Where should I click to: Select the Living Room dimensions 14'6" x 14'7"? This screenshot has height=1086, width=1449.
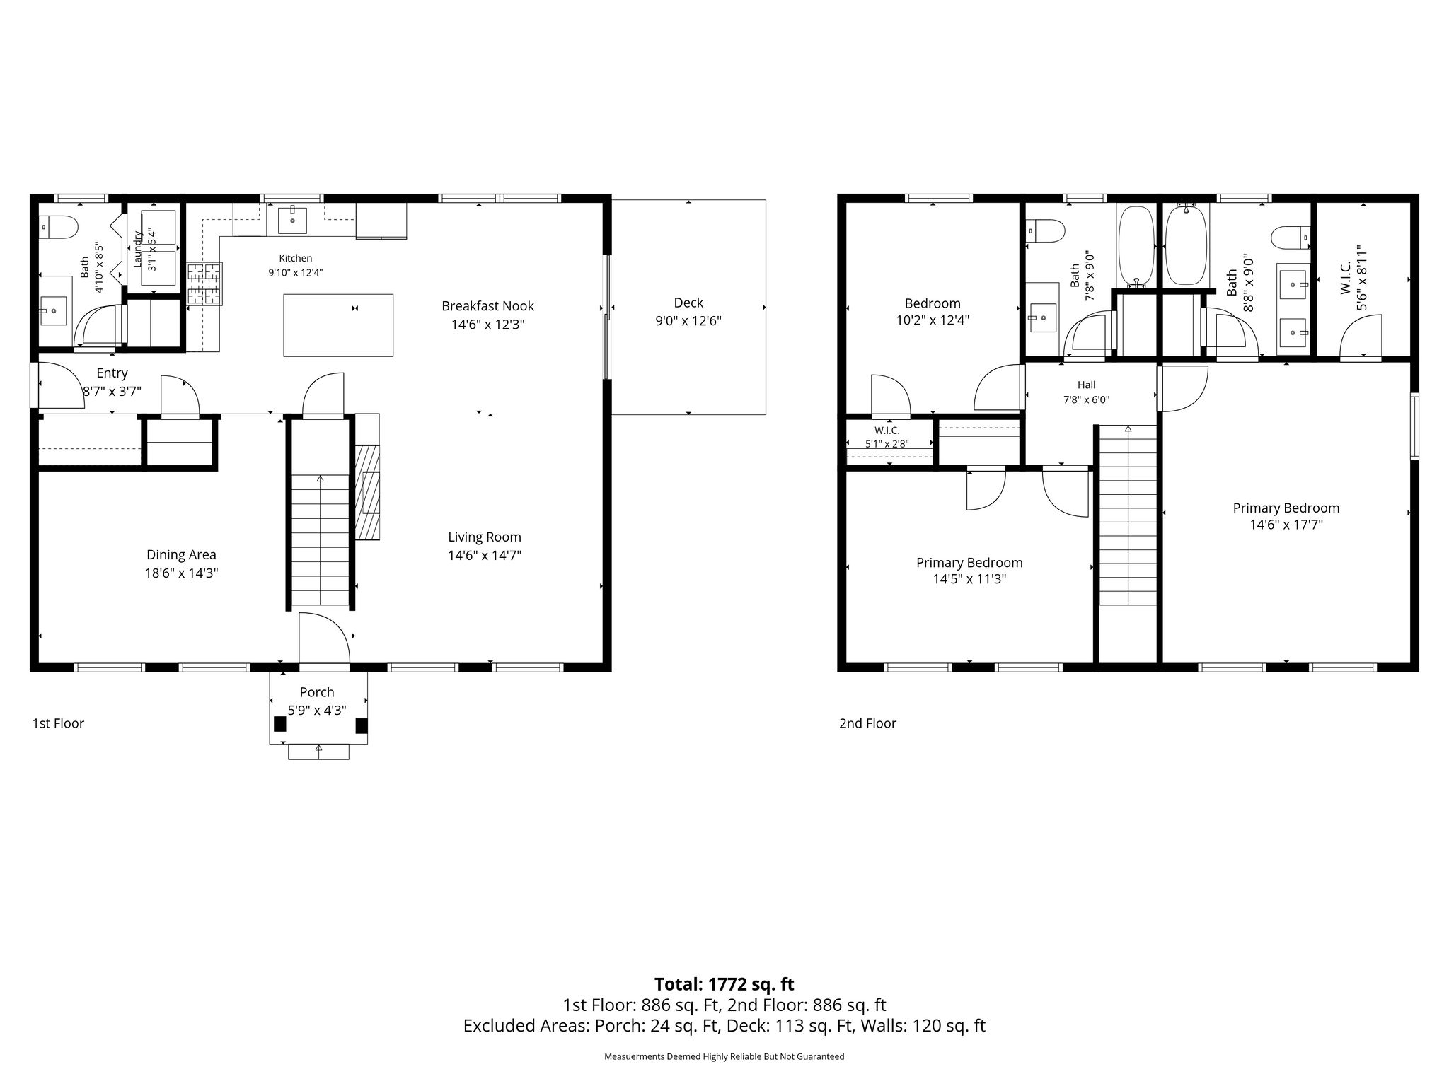pos(485,556)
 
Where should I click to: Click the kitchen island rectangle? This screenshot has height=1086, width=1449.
pos(338,325)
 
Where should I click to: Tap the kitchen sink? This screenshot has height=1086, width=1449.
pos(292,220)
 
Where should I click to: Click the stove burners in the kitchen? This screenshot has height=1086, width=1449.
pos(204,284)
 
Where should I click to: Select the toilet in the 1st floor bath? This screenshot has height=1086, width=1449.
pos(58,228)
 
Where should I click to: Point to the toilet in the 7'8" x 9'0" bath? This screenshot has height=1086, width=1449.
pos(1046,231)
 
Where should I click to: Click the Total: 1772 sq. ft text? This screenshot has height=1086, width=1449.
pos(724,984)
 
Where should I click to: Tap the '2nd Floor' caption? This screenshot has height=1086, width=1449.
pos(867,723)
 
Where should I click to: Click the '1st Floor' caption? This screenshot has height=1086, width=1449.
pos(58,723)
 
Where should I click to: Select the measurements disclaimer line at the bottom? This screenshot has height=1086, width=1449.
pos(724,1056)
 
